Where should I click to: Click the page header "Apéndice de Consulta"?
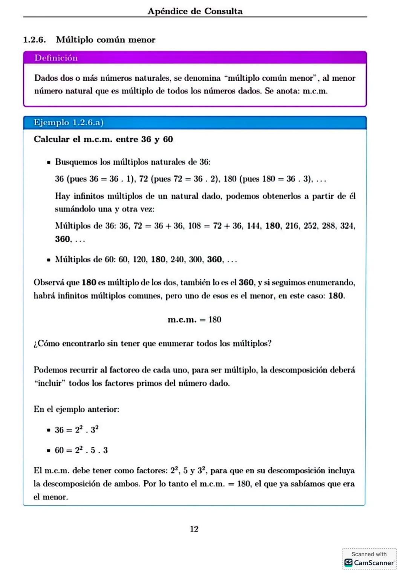pos(195,11)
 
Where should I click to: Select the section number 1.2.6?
pos(34,40)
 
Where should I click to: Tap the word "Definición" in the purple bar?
pos(56,58)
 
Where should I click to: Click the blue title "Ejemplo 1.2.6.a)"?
pos(68,123)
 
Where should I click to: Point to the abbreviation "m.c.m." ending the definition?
pos(315,91)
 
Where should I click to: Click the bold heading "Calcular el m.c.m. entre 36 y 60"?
pos(103,139)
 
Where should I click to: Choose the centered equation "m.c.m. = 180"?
pos(194,320)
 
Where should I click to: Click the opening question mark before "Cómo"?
pos(35,344)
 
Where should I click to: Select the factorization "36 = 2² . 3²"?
pos(77,430)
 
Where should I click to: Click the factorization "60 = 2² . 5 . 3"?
pos(81,450)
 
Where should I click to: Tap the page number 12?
pos(194,529)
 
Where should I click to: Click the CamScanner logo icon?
pos(349,562)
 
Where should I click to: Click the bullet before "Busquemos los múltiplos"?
pos(49,162)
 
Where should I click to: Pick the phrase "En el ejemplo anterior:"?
pos(77,409)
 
